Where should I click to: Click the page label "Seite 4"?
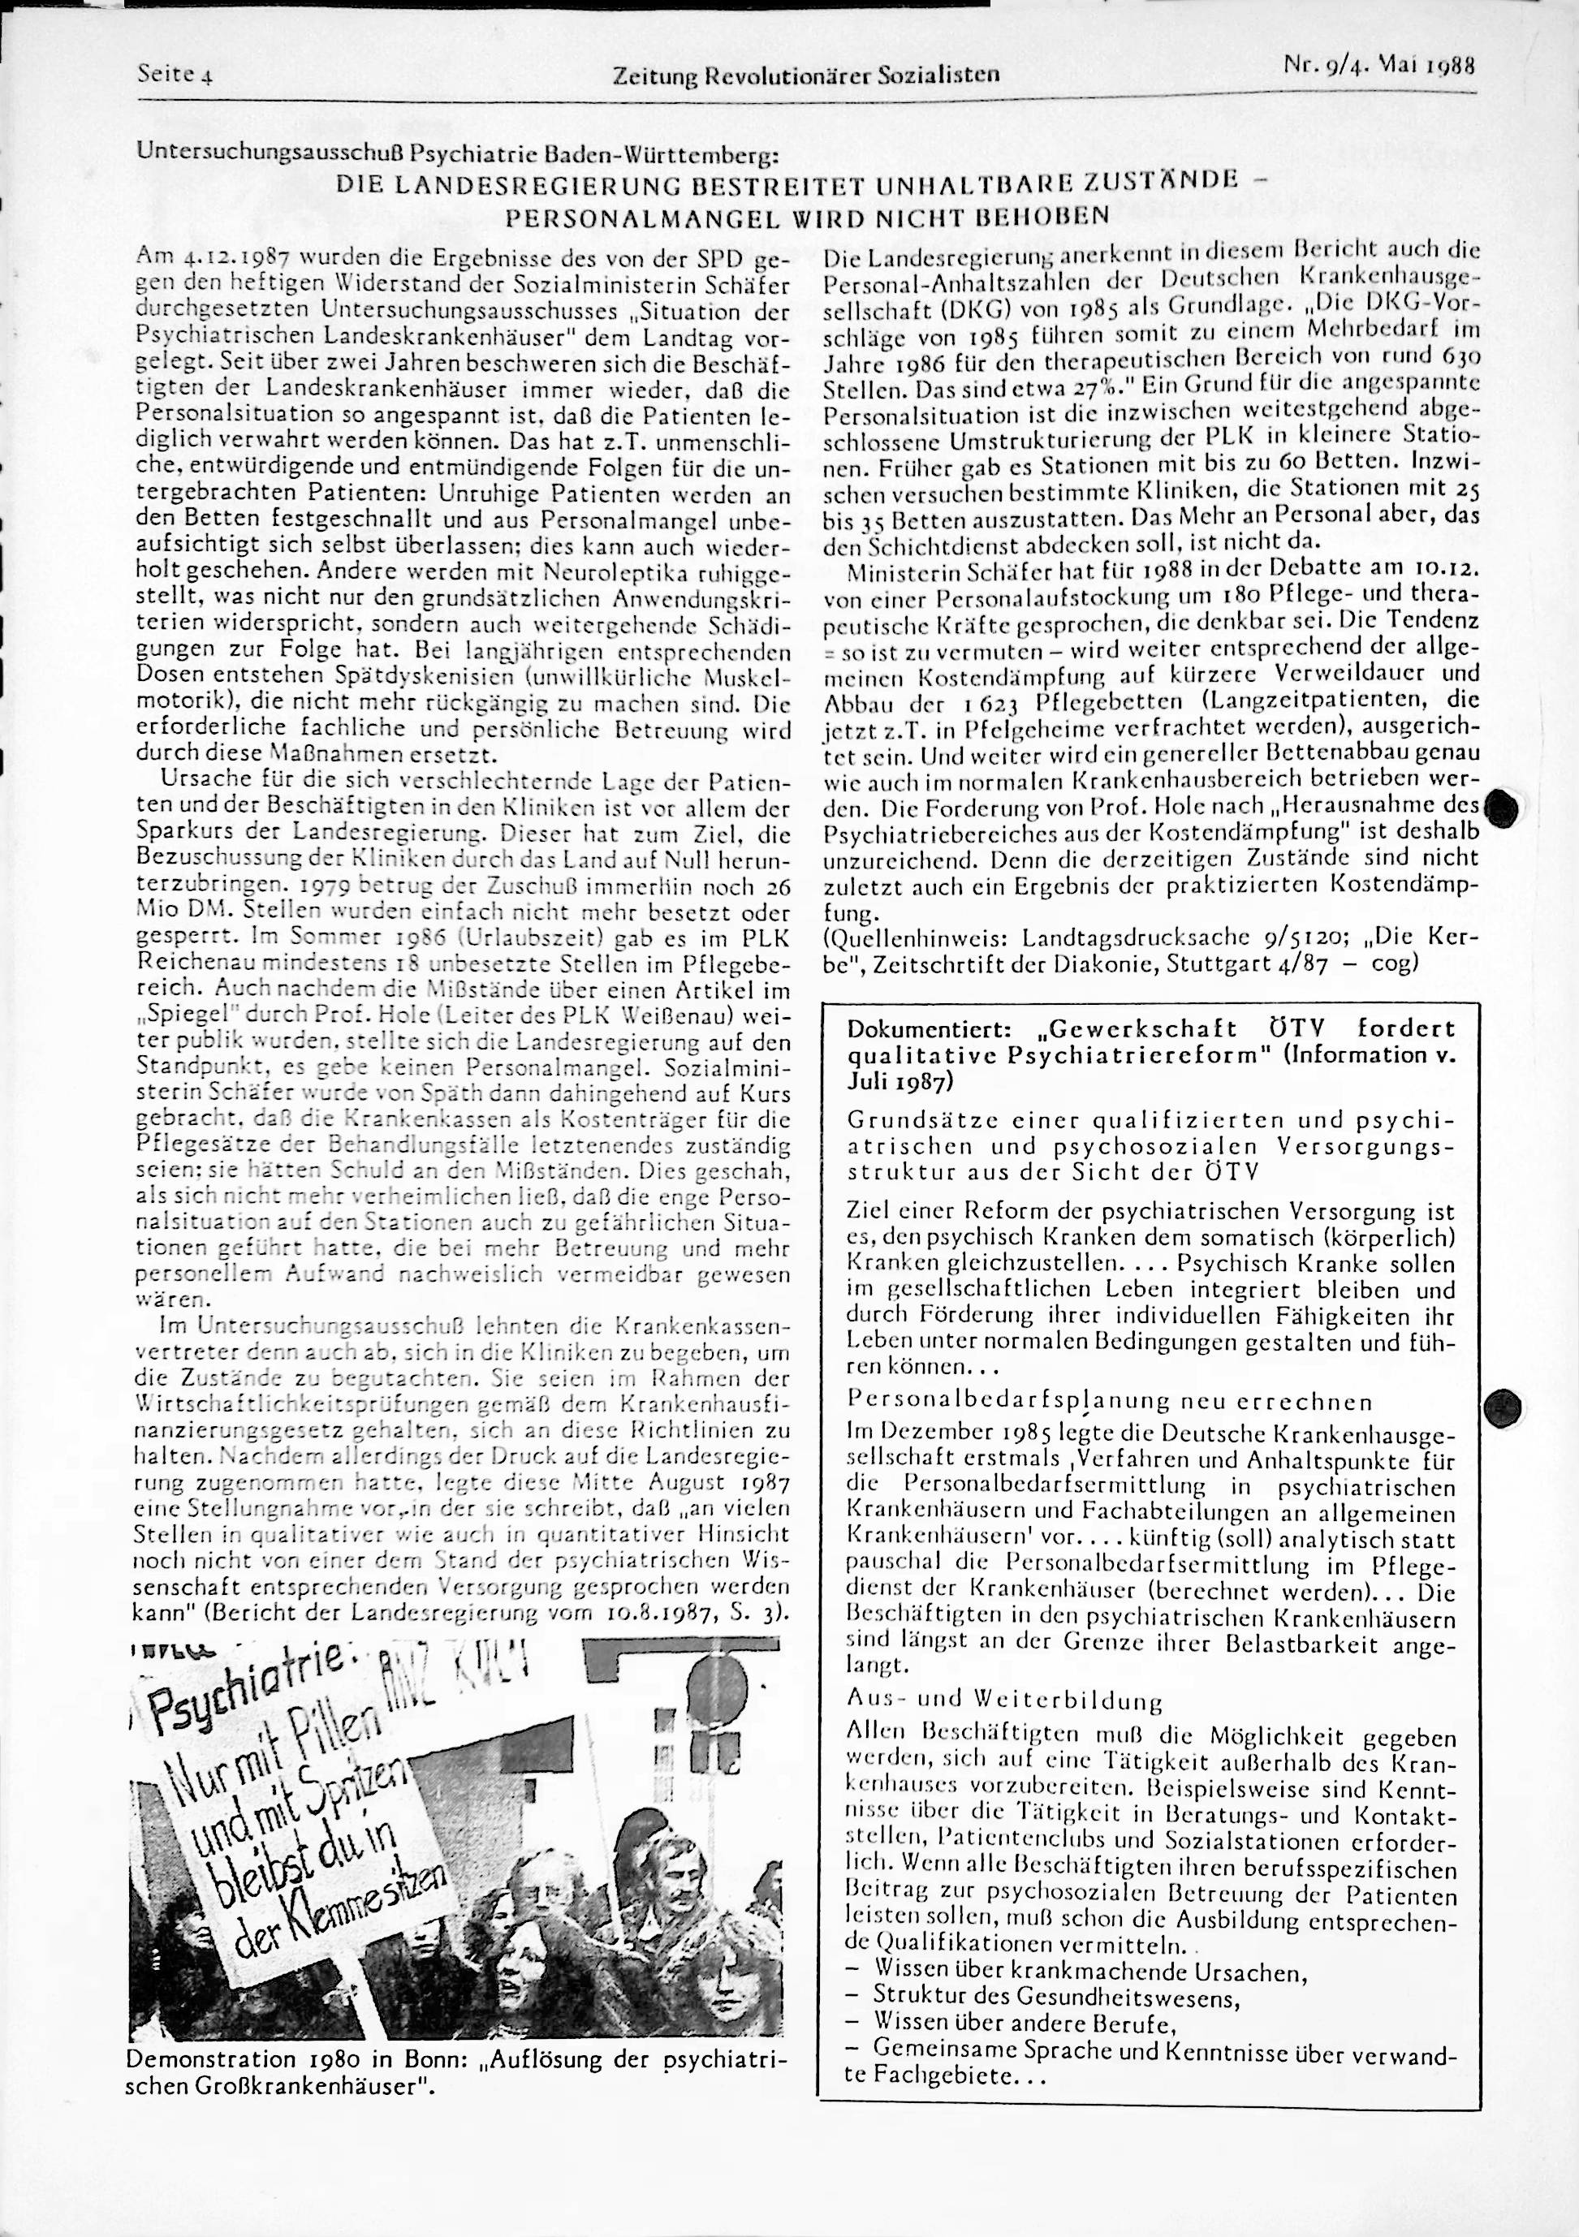click(176, 73)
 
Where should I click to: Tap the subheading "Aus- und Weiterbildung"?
click(1005, 1701)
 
